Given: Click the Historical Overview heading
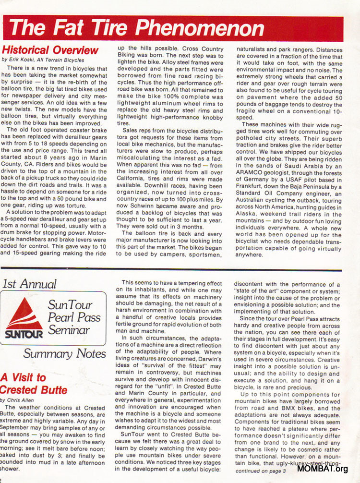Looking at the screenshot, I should (x=50, y=50).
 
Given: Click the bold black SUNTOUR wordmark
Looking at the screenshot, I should (x=24, y=333).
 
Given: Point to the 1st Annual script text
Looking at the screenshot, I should (x=29, y=284).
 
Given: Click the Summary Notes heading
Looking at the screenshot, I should (x=64, y=354).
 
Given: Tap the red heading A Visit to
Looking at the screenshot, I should (x=24, y=377).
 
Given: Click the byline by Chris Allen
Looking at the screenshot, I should (x=17, y=399).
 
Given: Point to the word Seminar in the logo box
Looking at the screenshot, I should (x=68, y=330).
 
